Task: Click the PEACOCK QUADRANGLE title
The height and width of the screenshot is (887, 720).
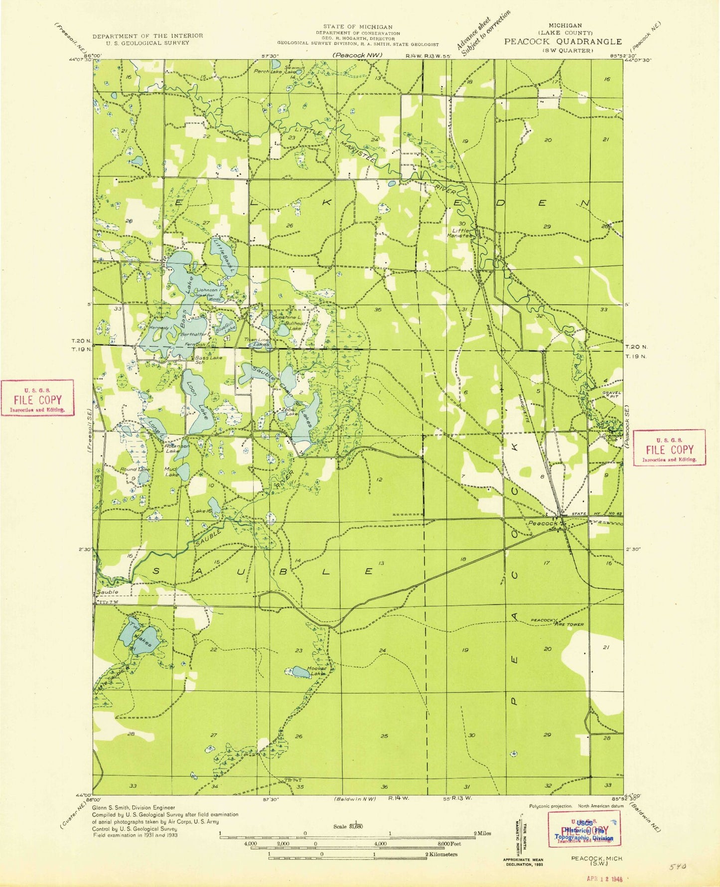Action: coord(563,42)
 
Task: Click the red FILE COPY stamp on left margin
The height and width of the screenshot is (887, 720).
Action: coord(37,398)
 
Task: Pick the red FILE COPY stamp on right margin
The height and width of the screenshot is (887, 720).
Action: coord(669,447)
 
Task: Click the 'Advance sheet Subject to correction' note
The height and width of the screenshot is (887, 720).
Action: coord(485,35)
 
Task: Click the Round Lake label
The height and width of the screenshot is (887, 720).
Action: coord(134,469)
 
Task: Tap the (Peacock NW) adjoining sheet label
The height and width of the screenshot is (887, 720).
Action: coord(357,55)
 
